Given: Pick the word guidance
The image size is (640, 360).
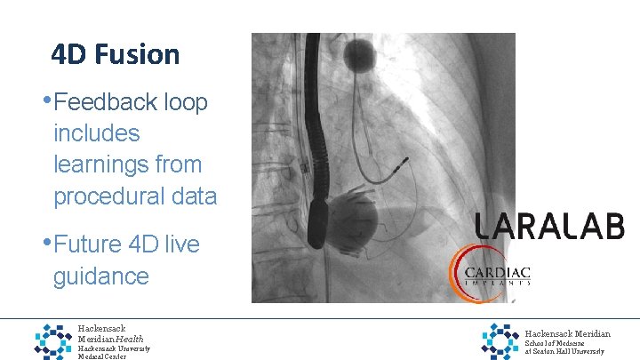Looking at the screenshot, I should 101,276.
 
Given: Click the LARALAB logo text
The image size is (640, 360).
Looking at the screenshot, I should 549,226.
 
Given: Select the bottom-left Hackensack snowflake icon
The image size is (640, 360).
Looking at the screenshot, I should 52,340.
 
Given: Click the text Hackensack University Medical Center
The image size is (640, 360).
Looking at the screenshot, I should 114,353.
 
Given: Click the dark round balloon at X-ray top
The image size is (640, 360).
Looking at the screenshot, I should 361,50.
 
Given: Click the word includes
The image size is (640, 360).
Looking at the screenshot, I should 97,133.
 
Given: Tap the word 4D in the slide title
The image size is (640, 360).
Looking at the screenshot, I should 68,55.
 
